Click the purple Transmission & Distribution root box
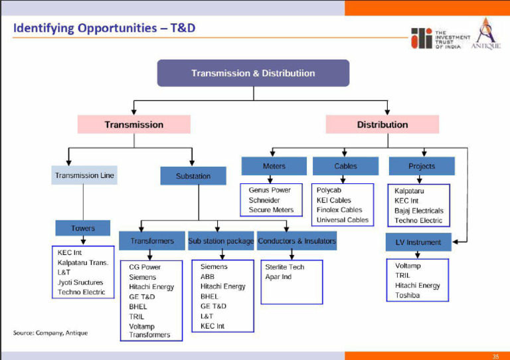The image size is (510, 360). coord(253,73)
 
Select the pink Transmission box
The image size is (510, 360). coord(133,124)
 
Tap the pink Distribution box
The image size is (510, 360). coord(382,124)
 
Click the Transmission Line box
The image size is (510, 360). coord(84,176)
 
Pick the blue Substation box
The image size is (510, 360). coord(193,176)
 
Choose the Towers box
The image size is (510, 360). coord(83,228)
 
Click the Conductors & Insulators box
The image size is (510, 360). coord(297,241)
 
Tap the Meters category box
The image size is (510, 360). coord(274,166)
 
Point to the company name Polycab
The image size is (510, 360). coord(329,190)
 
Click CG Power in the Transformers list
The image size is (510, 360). coord(145,267)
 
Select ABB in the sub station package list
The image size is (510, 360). coord(207,276)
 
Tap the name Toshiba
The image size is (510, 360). coord(407,296)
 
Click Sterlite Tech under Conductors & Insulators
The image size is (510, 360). coord(284,266)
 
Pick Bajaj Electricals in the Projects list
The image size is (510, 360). coord(418,211)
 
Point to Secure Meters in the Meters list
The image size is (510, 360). coord(271,210)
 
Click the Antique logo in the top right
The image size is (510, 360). coord(485,34)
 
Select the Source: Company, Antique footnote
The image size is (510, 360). coord(50,332)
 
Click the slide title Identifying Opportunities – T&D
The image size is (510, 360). coord(104,29)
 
